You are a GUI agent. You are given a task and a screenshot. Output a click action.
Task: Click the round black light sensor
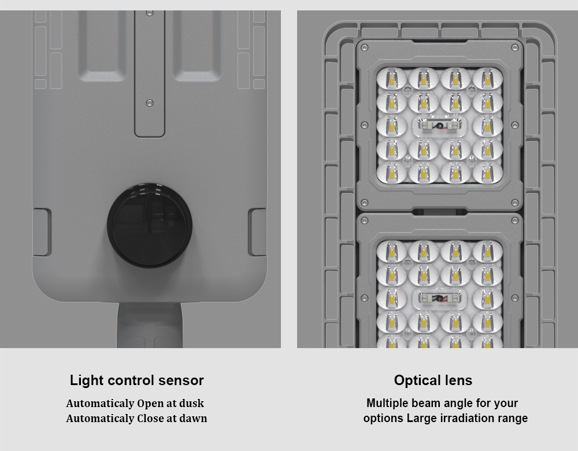click(150, 225)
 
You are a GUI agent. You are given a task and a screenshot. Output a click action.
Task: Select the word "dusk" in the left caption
click(191, 403)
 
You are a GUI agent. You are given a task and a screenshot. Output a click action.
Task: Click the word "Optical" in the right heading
click(414, 380)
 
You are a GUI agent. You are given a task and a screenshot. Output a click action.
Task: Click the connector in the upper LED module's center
click(439, 126)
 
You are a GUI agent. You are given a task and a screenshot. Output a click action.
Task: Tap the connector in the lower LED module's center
click(439, 298)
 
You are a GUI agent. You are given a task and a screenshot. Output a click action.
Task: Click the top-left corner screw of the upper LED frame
click(365, 47)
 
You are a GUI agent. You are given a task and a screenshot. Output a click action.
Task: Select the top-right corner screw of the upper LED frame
click(515, 47)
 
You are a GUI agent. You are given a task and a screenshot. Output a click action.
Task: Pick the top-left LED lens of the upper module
click(391, 79)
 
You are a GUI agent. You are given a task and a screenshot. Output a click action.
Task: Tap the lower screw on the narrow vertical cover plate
click(149, 103)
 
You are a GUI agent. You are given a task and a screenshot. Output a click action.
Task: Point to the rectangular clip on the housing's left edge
click(42, 232)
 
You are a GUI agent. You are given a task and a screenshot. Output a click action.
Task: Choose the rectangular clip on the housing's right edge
click(257, 232)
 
